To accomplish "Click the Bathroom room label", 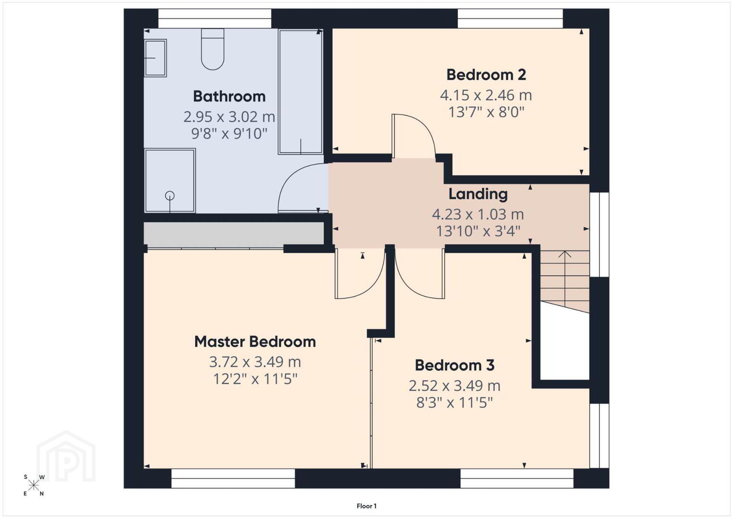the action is click(229, 96).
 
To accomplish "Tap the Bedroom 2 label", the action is click(486, 75).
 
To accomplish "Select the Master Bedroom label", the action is click(255, 342).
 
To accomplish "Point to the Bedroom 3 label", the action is click(454, 365).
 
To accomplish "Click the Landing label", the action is click(478, 194).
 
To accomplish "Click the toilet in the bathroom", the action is click(213, 49).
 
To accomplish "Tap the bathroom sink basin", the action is click(156, 58).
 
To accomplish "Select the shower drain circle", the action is click(170, 196).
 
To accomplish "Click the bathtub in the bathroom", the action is click(301, 92).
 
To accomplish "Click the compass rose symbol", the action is click(33, 485).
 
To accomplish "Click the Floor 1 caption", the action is click(366, 506).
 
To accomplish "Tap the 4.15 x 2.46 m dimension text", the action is click(486, 95).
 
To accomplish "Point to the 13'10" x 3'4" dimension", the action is click(478, 231).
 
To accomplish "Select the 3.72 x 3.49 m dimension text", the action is click(255, 362).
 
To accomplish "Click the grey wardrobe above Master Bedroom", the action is click(233, 234).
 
